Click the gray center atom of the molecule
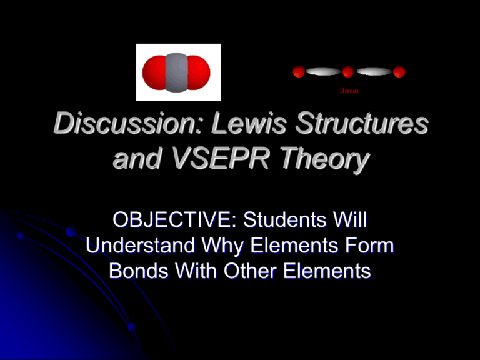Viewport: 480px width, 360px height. coord(178,72)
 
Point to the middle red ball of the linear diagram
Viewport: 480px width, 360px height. coord(348,72)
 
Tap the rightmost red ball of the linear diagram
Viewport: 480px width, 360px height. coord(399,72)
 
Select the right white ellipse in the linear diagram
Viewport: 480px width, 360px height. coord(374,72)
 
